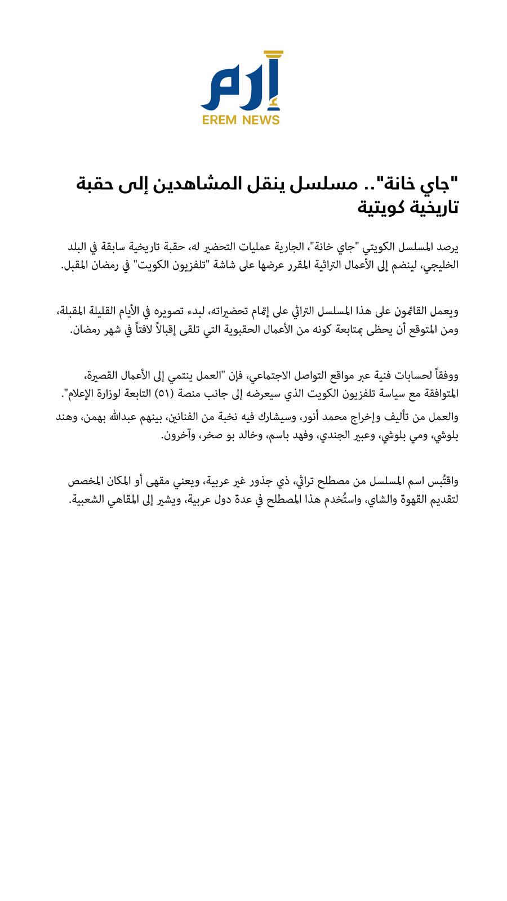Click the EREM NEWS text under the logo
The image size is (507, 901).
coord(241,120)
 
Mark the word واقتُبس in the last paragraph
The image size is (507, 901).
coord(442,481)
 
